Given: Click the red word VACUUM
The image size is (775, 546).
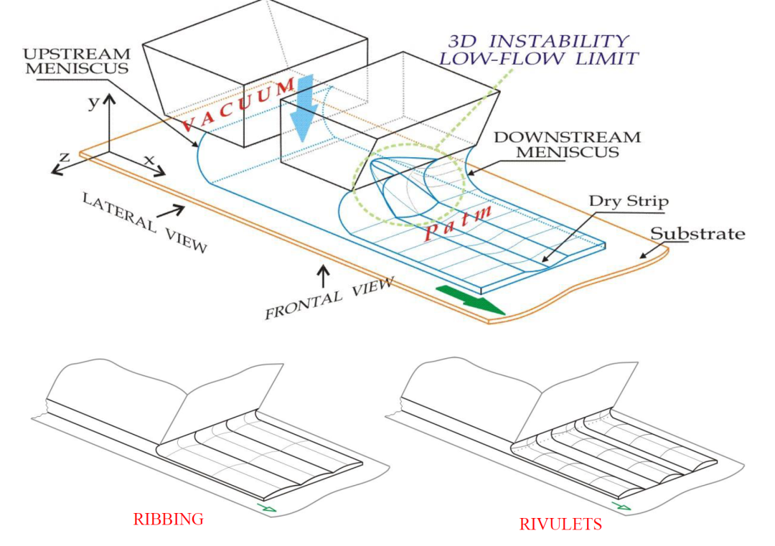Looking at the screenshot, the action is [x=238, y=105].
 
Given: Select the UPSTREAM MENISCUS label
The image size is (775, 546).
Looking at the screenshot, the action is [x=77, y=61].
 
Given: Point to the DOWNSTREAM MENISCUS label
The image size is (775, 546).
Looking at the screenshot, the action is [x=567, y=144].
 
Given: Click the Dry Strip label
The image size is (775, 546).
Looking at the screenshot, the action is [x=629, y=201].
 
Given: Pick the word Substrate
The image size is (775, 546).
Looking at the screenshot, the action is [x=697, y=234].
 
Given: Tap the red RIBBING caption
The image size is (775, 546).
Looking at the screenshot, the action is [x=168, y=519].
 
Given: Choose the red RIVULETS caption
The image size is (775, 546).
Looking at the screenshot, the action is [x=560, y=524].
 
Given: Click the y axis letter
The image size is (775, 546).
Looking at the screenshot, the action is [x=93, y=103].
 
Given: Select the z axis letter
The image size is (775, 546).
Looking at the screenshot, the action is [x=65, y=158].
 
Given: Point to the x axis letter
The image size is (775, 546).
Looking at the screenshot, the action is [x=149, y=159].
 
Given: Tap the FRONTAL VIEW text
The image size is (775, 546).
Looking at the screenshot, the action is [x=329, y=298].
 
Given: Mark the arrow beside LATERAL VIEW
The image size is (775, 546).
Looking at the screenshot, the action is [x=171, y=212].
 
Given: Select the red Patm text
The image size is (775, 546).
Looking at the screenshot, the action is [x=458, y=223].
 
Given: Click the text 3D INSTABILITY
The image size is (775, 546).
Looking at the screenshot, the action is [x=538, y=41].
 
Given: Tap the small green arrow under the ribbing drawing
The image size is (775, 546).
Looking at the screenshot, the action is [x=266, y=507].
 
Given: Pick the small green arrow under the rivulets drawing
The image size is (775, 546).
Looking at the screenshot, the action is [x=621, y=506].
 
